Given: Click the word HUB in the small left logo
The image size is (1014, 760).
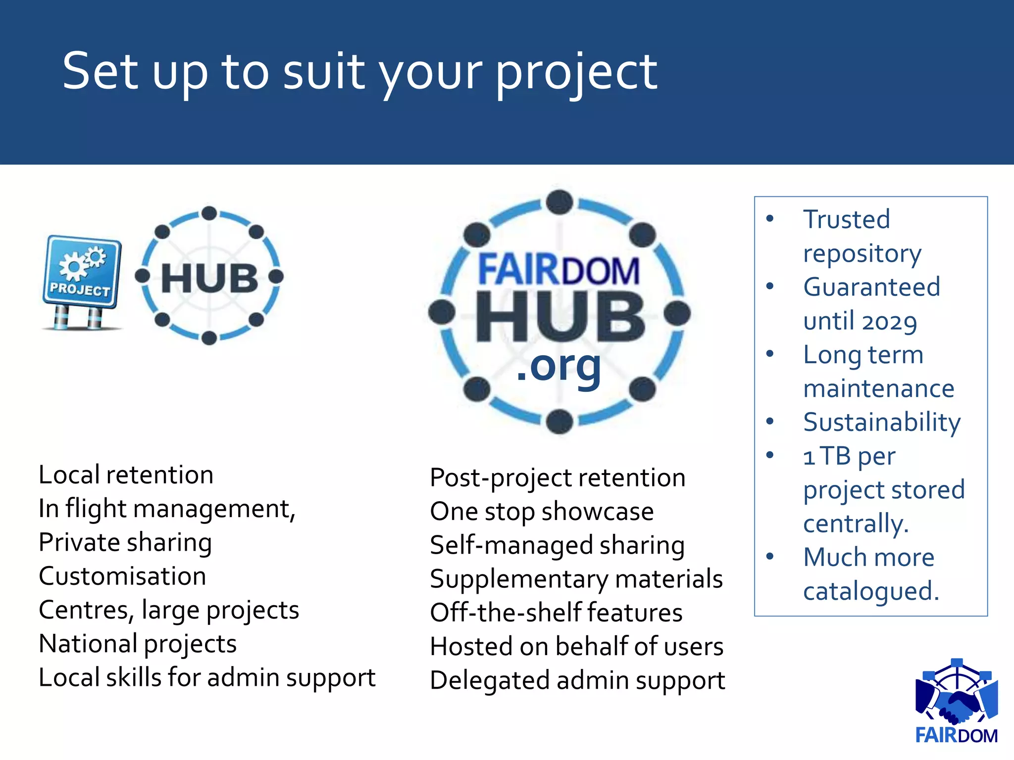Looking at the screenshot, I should pyautogui.click(x=209, y=278).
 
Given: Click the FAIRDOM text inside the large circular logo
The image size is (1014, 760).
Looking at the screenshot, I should pyautogui.click(x=558, y=270).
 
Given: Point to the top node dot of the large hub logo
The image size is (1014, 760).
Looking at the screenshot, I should pyautogui.click(x=559, y=202).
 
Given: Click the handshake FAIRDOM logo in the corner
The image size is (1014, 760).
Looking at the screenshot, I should pyautogui.click(x=957, y=703).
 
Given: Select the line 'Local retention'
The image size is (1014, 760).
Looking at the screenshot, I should pyautogui.click(x=126, y=475).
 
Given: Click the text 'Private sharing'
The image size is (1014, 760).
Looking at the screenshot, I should pyautogui.click(x=125, y=542).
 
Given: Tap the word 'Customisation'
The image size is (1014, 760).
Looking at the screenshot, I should pyautogui.click(x=122, y=576).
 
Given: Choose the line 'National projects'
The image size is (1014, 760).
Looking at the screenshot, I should pyautogui.click(x=138, y=644).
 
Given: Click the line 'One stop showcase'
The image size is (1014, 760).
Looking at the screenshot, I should pyautogui.click(x=542, y=512).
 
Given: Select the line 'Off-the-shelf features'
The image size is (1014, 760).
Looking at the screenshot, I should pyautogui.click(x=556, y=613).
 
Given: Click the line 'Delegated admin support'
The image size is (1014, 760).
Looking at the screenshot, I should pyautogui.click(x=577, y=680).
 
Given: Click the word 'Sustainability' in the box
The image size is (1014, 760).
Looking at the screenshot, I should pyautogui.click(x=882, y=423).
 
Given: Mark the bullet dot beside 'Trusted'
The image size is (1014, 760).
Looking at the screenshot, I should pyautogui.click(x=769, y=219).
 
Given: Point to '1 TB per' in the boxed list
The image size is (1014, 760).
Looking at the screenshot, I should pyautogui.click(x=849, y=456).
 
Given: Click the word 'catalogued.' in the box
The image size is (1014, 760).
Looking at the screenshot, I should pyautogui.click(x=871, y=591).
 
